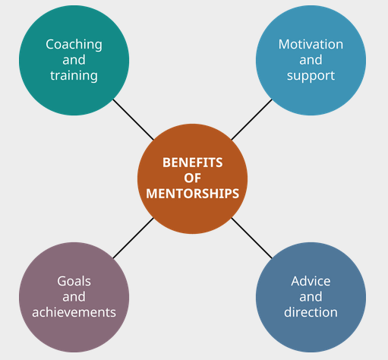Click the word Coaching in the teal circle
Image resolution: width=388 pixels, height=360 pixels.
74,45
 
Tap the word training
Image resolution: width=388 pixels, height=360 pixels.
74,76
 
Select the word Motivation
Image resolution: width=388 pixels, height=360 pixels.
311,44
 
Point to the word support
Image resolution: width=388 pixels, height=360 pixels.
311,76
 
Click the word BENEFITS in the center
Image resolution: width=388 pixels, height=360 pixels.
193,163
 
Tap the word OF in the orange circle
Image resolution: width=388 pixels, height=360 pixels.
193,178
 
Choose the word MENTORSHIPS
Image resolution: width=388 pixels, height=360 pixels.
193,194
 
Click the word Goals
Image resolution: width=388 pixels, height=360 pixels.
74,281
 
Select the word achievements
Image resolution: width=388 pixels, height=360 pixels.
74,312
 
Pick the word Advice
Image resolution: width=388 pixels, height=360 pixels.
311,281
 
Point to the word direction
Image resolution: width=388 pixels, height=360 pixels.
311,312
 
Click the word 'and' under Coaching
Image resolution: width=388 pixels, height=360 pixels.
74,60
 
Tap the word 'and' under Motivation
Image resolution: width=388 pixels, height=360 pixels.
311,60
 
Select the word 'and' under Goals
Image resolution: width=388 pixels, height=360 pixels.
74,297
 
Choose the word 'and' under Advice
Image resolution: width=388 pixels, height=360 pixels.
311,297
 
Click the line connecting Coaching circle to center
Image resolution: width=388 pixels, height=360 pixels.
134,119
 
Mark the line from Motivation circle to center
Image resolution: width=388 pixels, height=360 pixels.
251,119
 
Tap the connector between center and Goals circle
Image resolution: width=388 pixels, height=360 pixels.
134,238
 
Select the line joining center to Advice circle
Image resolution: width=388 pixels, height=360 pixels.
251,238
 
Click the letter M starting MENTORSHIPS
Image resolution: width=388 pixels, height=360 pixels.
152,194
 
